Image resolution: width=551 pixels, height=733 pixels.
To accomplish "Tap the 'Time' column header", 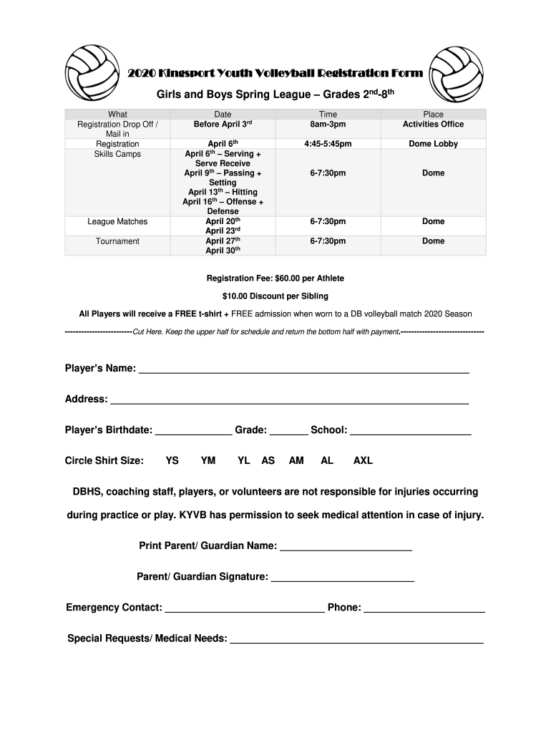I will coord(328,115).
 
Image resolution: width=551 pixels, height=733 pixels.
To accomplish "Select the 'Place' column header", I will coord(433,115).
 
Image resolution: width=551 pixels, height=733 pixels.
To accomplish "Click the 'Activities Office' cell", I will coord(433,125).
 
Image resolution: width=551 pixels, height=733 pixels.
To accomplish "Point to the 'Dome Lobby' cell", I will coord(433,144).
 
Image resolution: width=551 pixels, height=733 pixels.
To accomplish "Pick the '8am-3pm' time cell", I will coord(328,125).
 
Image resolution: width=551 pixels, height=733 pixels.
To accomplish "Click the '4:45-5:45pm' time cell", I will coord(328,144).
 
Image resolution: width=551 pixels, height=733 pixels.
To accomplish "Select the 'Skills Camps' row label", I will coord(117,154).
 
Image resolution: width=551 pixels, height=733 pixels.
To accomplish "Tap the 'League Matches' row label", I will coord(117,222).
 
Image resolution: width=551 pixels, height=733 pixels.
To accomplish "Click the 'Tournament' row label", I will coord(117,241).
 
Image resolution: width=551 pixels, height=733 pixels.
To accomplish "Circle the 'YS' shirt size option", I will coord(172,461).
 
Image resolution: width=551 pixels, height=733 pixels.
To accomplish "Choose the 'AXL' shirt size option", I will coord(363,461).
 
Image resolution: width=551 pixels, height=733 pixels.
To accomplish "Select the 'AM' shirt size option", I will coord(296,461).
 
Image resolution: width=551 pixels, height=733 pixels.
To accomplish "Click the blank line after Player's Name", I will coord(303,371).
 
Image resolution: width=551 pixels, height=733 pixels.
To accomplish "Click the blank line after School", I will coord(411,432).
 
